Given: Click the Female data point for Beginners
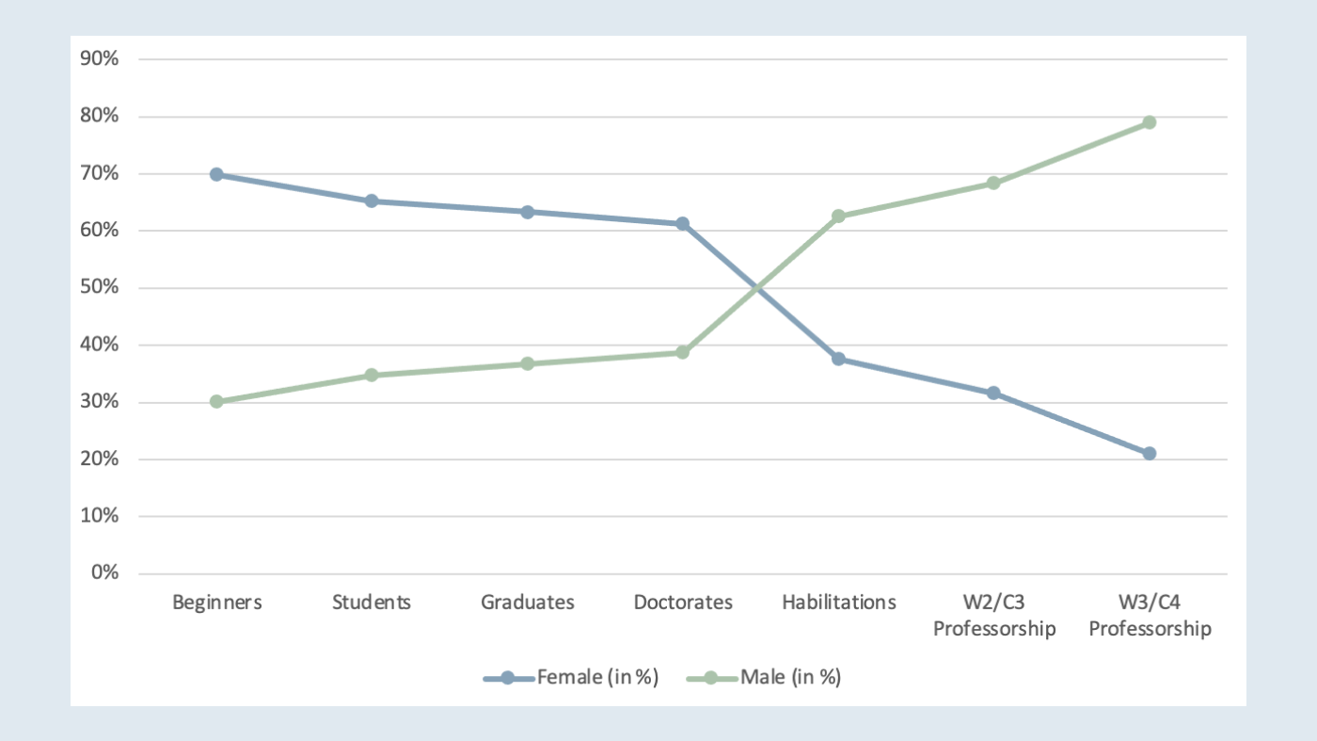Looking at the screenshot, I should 216,174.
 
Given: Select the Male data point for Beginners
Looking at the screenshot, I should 216,401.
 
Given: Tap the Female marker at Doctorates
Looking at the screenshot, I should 683,223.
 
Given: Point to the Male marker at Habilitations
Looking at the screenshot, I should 838,216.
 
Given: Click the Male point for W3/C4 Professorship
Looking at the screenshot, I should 1149,122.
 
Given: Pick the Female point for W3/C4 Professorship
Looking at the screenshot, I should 1149,453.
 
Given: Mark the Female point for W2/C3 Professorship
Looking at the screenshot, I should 993,393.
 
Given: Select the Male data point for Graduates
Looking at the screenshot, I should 528,363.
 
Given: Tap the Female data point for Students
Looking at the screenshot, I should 372,201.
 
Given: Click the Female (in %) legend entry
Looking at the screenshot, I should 571,677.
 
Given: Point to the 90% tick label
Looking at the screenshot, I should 100,59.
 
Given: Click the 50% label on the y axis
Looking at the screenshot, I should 100,288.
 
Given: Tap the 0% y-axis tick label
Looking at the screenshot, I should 104,573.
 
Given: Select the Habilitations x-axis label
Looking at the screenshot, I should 838,603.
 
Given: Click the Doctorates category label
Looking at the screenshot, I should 683,603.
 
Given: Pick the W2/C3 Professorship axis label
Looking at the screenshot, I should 993,616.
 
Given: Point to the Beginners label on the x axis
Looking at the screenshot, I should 216,603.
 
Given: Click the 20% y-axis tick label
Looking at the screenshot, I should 100,459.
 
